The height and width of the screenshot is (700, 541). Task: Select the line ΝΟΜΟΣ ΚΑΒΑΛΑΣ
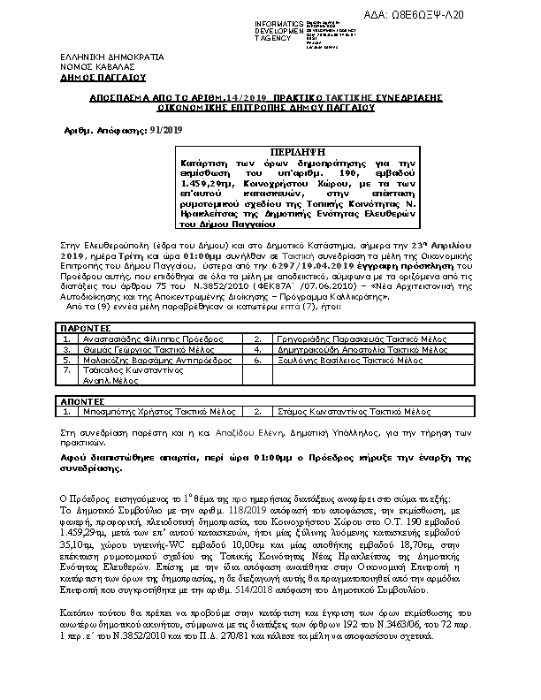pos(92,66)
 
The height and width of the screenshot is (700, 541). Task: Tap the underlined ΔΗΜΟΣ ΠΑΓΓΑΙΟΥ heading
pos(95,76)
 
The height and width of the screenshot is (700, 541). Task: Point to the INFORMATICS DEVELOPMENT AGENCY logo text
pos(279,29)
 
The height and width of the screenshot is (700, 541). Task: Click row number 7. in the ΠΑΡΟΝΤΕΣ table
pos(67,372)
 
